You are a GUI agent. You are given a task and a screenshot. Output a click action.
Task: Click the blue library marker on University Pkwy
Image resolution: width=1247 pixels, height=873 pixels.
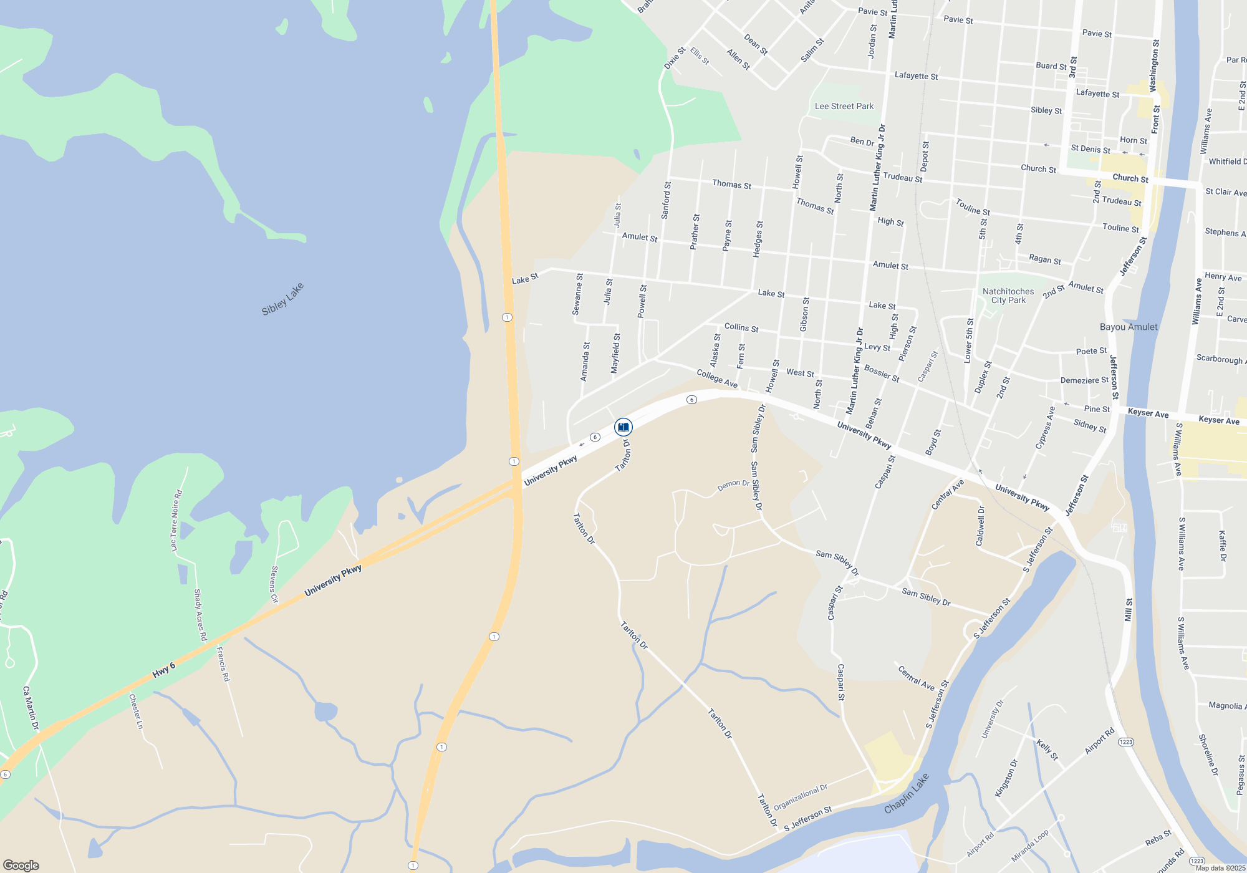(623, 427)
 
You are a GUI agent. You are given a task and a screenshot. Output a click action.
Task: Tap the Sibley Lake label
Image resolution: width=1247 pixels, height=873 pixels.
(282, 299)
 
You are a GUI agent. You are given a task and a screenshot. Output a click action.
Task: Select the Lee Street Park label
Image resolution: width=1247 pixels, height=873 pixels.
(844, 107)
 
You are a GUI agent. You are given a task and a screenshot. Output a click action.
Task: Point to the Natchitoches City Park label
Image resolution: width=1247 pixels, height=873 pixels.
(1008, 296)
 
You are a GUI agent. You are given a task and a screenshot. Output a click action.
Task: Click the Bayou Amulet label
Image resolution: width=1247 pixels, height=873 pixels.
(1129, 327)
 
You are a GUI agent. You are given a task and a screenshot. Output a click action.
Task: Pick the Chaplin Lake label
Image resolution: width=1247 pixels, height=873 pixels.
(907, 793)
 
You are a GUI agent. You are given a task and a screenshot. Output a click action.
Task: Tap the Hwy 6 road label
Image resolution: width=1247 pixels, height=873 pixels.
(164, 670)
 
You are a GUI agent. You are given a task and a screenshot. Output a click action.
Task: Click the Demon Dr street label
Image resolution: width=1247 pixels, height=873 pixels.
(733, 485)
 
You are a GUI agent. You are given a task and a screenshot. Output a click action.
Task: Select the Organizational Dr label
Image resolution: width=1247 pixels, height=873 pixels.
(801, 798)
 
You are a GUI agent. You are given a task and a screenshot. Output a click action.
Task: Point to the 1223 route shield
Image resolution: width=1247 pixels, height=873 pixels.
(1125, 742)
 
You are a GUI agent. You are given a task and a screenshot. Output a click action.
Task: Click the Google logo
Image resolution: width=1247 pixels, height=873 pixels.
(21, 865)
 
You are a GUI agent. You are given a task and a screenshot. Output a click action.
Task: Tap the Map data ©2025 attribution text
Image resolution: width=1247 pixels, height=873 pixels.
(1220, 868)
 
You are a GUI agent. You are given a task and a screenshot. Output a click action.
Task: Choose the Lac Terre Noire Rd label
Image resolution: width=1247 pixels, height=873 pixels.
(176, 520)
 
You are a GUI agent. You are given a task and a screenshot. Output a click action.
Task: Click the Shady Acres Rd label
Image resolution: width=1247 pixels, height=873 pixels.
(200, 615)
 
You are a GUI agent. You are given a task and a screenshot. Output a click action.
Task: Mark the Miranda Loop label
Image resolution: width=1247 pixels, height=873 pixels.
(1030, 846)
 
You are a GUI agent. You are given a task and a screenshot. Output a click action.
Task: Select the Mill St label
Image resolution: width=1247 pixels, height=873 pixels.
(1128, 610)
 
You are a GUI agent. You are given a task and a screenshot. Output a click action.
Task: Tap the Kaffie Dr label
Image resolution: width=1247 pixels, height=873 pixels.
(1222, 546)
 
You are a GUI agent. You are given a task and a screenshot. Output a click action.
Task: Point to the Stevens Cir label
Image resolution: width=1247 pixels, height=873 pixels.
(274, 584)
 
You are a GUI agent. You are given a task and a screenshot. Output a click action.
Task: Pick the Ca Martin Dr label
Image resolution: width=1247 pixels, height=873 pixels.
(31, 708)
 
